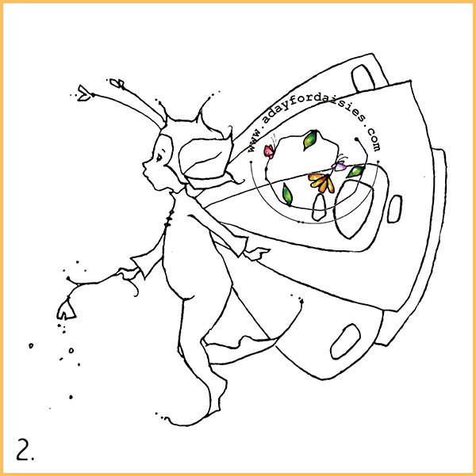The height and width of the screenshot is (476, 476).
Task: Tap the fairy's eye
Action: pyautogui.click(x=159, y=157)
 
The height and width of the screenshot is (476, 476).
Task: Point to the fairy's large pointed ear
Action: pyautogui.click(x=205, y=158)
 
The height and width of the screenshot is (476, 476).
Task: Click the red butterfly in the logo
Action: pyautogui.click(x=269, y=151)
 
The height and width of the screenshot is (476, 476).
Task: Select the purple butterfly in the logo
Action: pyautogui.click(x=340, y=166)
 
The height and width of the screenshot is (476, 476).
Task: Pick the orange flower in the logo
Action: pyautogui.click(x=322, y=182)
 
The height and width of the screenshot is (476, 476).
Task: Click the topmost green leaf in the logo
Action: pyautogui.click(x=310, y=139)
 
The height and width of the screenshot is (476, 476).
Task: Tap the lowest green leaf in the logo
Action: pyautogui.click(x=287, y=194)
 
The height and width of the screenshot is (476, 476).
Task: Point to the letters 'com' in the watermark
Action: pyautogui.click(x=374, y=140)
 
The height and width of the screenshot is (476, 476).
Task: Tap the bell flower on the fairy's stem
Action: pyautogui.click(x=66, y=309)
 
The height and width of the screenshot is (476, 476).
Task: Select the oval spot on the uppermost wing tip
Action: pyautogui.click(x=363, y=78)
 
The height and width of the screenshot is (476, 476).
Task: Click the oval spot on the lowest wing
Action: pyautogui.click(x=345, y=341)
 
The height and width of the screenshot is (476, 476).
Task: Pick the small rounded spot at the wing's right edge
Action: pyautogui.click(x=395, y=209)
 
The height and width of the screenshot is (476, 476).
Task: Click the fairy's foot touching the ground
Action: pyautogui.click(x=188, y=421)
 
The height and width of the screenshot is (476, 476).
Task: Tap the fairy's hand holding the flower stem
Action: pyautogui.click(x=126, y=273)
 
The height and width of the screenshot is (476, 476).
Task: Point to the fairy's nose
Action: pyautogui.click(x=144, y=165)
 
